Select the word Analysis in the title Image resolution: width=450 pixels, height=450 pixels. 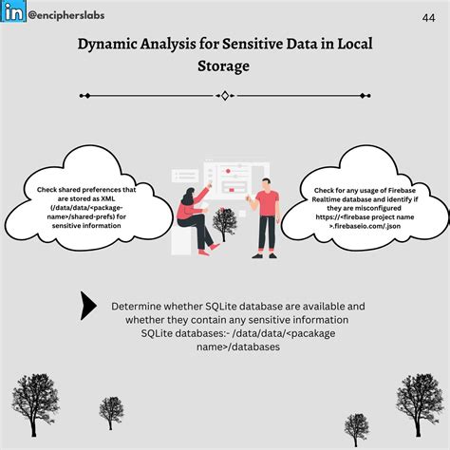point(179,45)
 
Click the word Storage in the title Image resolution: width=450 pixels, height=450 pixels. point(225,66)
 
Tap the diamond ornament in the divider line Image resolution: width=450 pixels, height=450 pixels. point(225,95)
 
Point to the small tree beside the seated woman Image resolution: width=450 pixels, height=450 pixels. point(225,222)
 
